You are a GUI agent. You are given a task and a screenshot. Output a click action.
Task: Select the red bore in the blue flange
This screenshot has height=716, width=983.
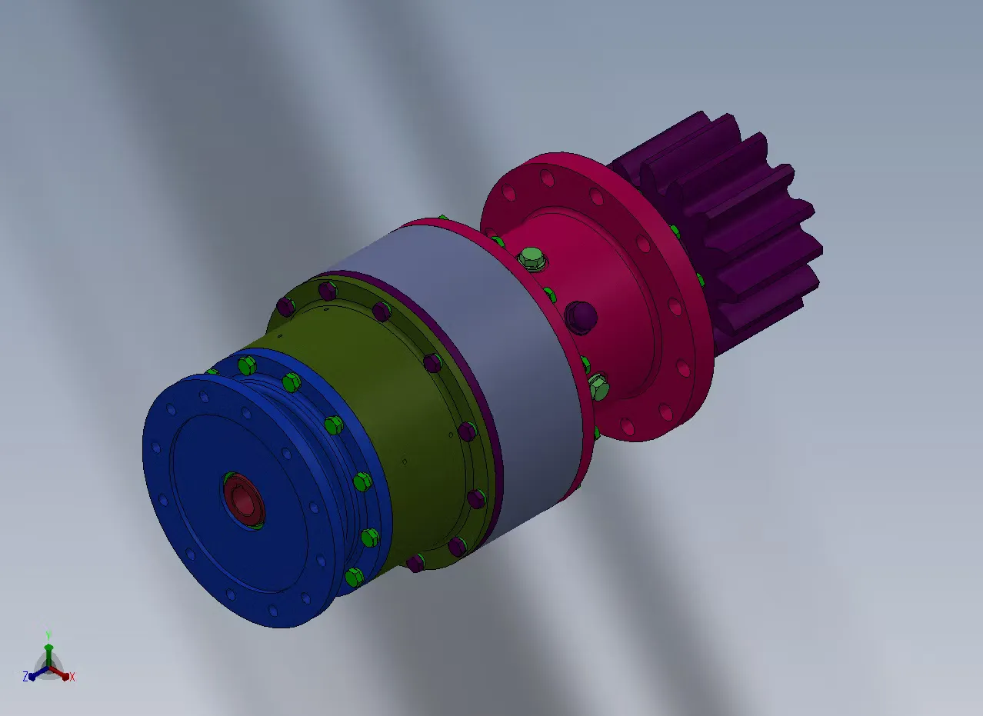tap(242, 501)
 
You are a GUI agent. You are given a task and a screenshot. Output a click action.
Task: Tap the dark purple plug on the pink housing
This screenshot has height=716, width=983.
tap(581, 318)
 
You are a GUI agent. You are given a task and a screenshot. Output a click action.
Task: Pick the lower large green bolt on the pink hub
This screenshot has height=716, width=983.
tap(598, 386)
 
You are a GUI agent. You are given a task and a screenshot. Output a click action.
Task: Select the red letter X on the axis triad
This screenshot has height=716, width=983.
tap(72, 677)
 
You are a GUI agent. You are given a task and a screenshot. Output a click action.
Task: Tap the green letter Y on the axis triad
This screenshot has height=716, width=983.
tap(48, 634)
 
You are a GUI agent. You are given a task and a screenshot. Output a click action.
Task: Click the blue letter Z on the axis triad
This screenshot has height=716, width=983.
tap(25, 676)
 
